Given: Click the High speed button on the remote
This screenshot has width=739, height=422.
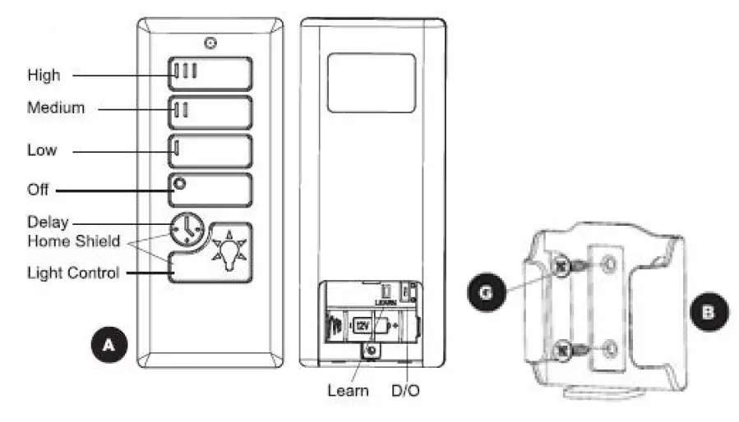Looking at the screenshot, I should click(x=210, y=72).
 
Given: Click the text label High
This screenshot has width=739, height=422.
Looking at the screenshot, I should click(x=44, y=75).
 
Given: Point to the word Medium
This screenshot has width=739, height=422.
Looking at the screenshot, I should click(x=56, y=108).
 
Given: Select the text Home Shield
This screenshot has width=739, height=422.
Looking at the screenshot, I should click(x=74, y=241).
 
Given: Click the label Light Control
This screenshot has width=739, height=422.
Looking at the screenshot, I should click(x=73, y=273).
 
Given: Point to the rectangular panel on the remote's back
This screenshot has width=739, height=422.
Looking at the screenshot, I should click(x=371, y=82).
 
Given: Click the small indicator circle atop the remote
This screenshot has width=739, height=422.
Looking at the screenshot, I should click(x=211, y=42).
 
